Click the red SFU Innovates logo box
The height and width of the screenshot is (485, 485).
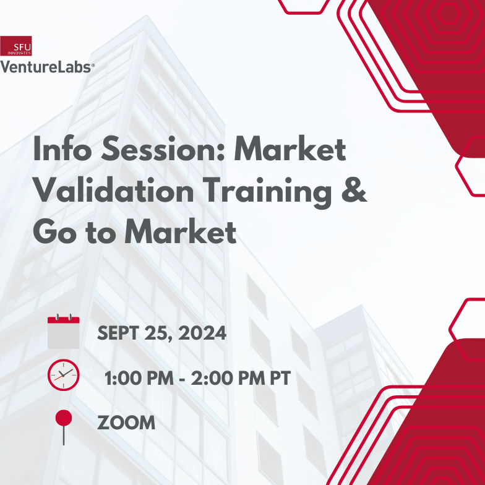pos(16,46)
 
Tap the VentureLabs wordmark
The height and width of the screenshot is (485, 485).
pos(47,67)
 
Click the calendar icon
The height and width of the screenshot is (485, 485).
pos(63,332)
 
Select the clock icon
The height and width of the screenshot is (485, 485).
pos(63,375)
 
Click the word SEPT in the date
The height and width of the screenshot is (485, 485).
pos(117,334)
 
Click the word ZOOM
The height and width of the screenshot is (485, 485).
pos(126,423)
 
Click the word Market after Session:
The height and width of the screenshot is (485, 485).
pos(290,150)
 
